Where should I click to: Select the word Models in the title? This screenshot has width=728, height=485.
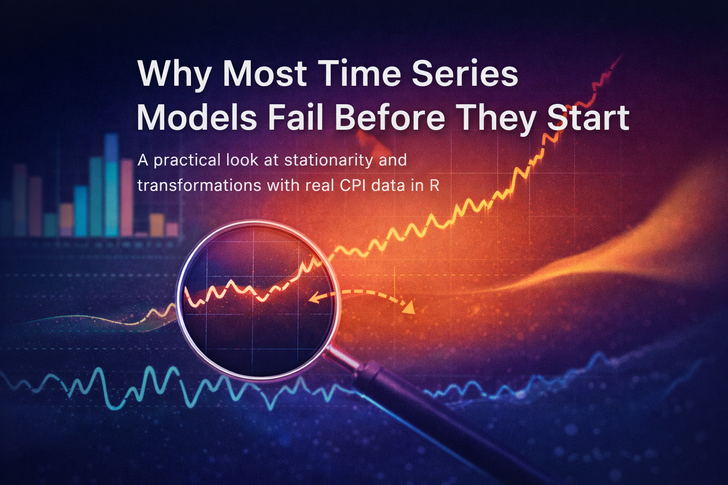click(197, 117)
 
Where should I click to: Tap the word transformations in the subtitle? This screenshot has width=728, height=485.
click(199, 186)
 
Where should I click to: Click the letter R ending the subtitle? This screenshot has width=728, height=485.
click(434, 186)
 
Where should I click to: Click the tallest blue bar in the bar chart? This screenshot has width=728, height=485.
click(111, 184)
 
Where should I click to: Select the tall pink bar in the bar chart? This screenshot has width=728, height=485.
click(127, 197)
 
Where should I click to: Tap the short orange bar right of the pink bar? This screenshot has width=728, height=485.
click(156, 225)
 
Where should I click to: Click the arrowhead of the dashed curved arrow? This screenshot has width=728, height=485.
click(409, 307)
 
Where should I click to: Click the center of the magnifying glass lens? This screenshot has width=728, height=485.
click(258, 299)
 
